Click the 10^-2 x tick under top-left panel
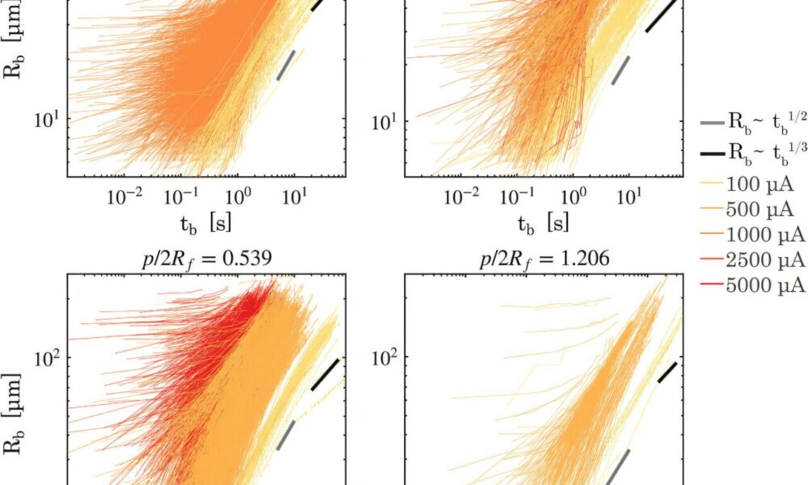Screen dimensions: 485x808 (125, 195)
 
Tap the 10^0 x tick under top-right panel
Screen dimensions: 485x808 (573, 195)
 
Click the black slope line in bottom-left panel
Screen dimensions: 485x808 (326, 374)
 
